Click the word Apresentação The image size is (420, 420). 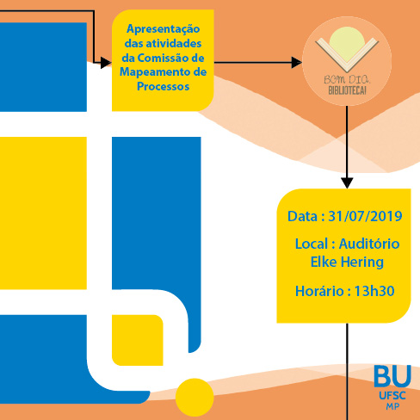click(x=164, y=29)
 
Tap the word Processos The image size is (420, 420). click(x=163, y=86)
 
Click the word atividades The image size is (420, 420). click(x=174, y=44)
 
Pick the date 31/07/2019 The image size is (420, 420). click(x=365, y=216)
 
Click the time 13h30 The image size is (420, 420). click(x=374, y=291)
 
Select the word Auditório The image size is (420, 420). click(x=369, y=244)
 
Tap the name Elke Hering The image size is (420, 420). click(x=347, y=262)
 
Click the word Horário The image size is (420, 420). click(x=319, y=291)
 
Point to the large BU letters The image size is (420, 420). click(x=392, y=376)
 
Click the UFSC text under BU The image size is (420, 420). click(x=392, y=396)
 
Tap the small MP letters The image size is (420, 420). click(x=392, y=406)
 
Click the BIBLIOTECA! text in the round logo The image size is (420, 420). click(x=347, y=90)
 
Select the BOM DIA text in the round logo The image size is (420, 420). click(x=347, y=79)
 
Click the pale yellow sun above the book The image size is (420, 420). click(x=347, y=43)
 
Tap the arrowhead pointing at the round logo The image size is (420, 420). click(x=296, y=62)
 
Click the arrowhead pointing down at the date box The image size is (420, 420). click(x=347, y=183)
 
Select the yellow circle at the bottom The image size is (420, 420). click(x=195, y=398)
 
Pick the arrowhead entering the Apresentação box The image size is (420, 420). click(x=106, y=62)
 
